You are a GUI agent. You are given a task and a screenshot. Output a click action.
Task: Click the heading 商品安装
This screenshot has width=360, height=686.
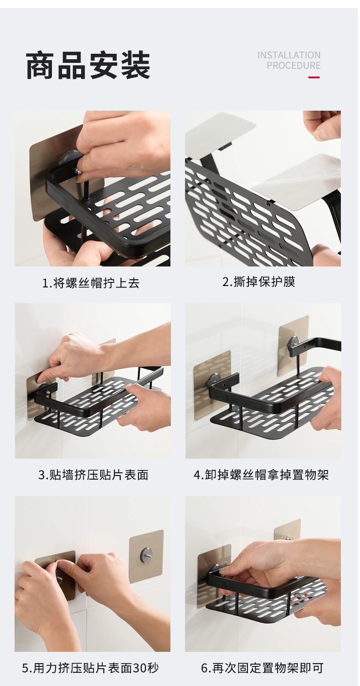click(88, 65)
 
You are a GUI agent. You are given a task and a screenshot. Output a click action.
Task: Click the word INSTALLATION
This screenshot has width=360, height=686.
click(289, 55)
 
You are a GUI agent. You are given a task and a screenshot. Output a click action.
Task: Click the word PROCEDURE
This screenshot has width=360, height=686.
click(293, 66)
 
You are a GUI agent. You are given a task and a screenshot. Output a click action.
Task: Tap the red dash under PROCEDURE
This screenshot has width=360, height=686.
click(314, 77)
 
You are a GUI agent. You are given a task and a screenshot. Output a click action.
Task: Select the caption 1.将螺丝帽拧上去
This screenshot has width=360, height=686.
click(91, 283)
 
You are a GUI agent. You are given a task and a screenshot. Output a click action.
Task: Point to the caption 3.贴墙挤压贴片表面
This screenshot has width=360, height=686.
click(93, 475)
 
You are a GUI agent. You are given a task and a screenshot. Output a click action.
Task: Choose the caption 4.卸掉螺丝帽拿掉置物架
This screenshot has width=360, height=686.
click(261, 475)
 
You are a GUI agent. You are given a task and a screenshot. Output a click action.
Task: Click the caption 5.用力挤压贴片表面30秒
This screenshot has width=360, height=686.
click(90, 668)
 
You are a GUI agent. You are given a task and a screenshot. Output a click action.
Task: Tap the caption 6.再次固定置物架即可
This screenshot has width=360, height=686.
click(262, 668)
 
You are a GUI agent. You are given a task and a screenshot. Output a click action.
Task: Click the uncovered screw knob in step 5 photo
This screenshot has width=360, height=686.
click(145, 554)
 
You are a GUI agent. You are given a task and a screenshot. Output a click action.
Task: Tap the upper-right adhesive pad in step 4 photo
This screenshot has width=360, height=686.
click(293, 346)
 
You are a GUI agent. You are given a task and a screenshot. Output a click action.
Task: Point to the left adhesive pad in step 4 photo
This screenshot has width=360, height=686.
click(211, 386)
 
